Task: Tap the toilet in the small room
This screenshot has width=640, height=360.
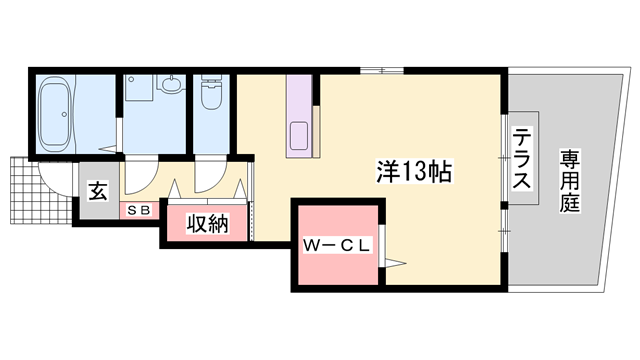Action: tap(211, 95)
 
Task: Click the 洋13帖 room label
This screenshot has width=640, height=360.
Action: tap(414, 171)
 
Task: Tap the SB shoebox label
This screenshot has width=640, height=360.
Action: tap(138, 211)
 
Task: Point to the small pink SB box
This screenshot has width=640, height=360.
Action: tap(138, 211)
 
